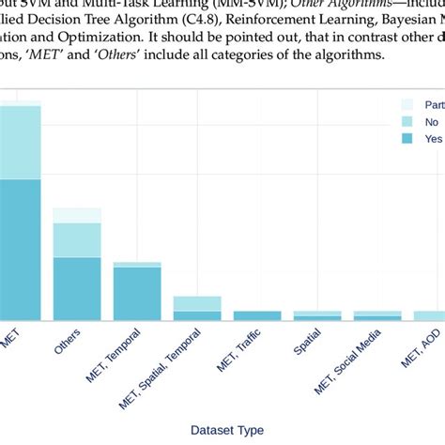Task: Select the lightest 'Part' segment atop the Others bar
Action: coord(77,215)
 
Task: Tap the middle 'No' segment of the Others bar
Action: coord(77,239)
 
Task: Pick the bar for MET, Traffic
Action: coord(257,316)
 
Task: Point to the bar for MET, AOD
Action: coord(429,316)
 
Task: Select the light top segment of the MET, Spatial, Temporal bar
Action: coord(197,303)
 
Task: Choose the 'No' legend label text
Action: coord(432,121)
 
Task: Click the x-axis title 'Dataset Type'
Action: coord(226,429)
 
